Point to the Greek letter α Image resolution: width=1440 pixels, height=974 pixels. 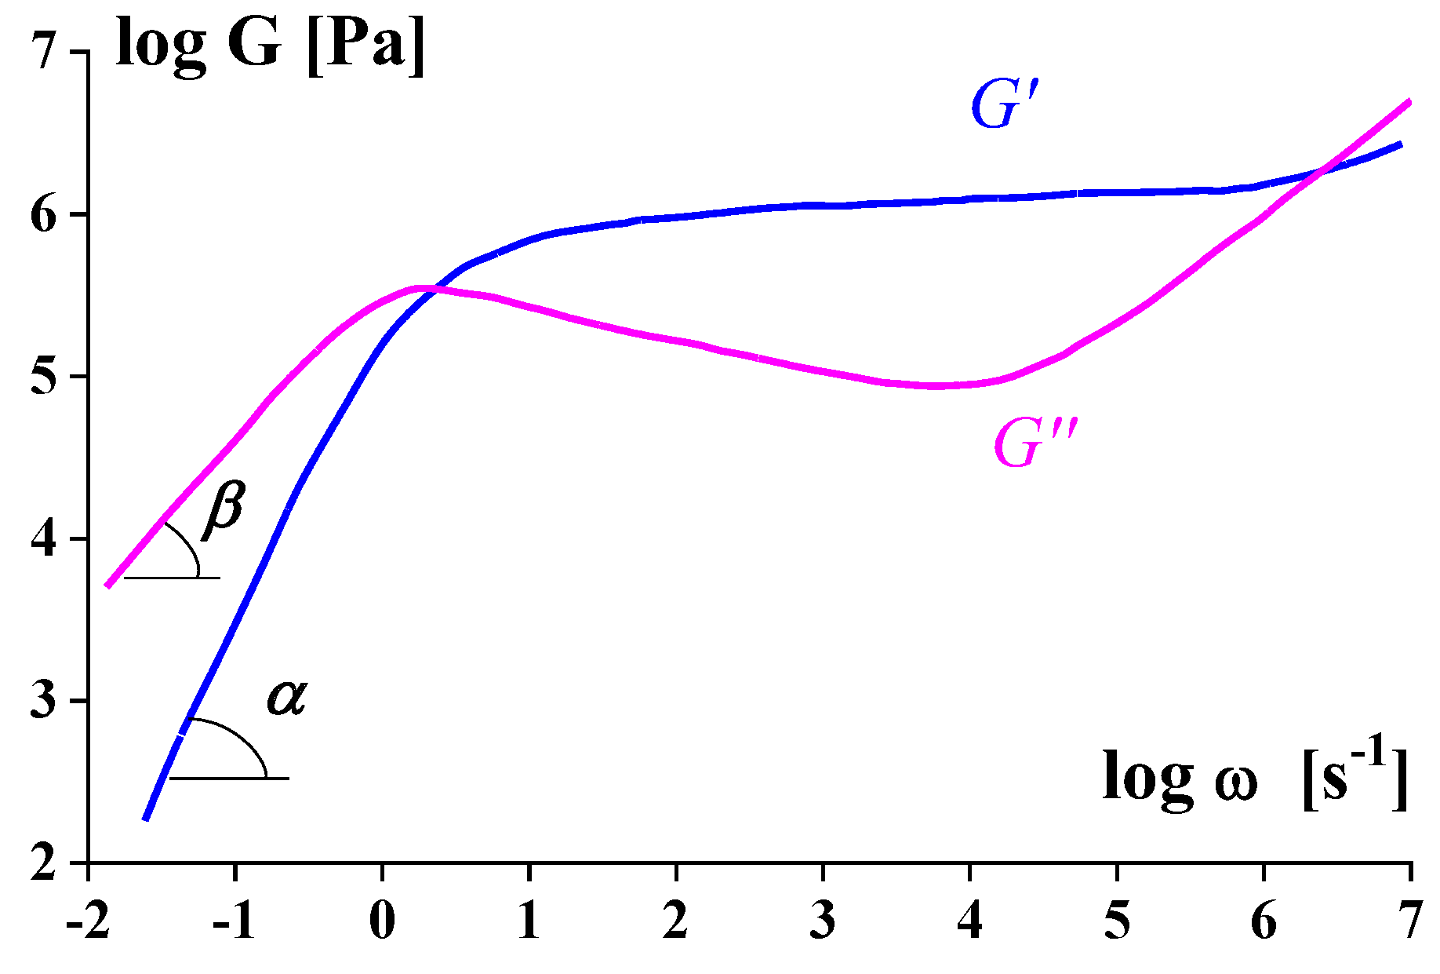286,696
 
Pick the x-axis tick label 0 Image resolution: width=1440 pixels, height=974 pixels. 382,920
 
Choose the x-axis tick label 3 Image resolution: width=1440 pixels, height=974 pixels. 823,920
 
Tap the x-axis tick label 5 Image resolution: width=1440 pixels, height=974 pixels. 1117,920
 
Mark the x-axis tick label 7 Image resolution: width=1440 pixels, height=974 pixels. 1411,920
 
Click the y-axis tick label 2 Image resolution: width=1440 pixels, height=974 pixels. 44,863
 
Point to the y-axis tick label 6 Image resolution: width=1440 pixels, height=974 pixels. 44,214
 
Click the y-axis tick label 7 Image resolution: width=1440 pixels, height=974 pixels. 44,52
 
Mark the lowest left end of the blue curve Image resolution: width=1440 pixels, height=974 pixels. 145,819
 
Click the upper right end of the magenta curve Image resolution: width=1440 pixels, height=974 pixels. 1409,102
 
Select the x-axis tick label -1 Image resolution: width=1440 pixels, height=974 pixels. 234,920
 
